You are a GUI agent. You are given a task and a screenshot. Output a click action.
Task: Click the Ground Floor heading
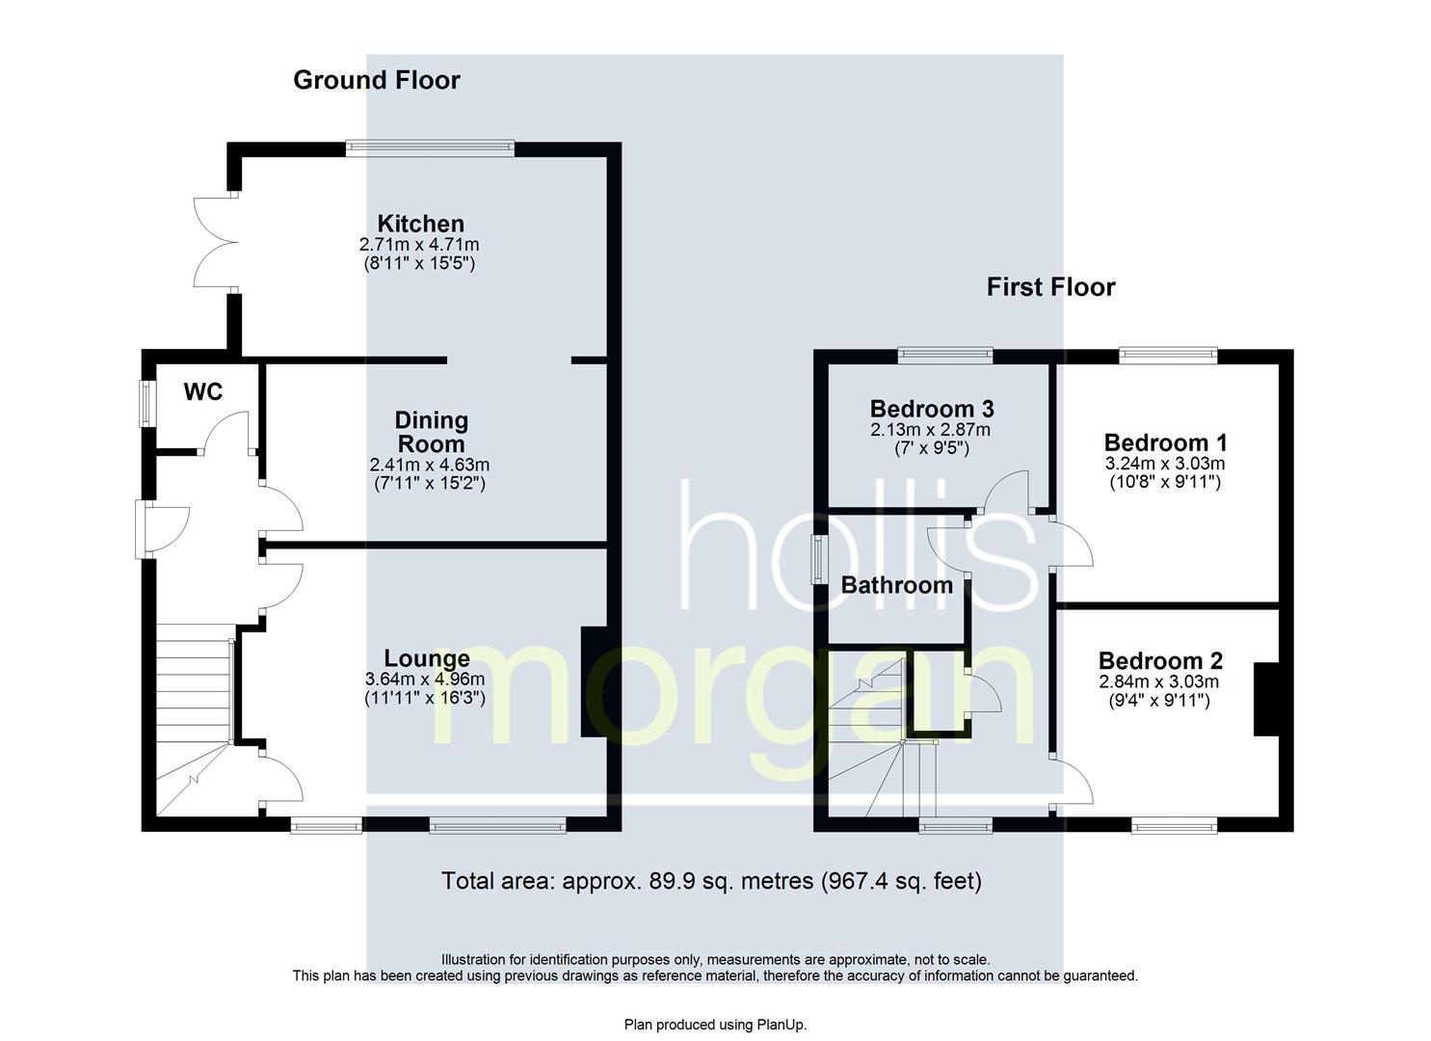tap(376, 81)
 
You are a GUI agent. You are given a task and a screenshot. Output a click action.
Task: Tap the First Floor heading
tap(1051, 287)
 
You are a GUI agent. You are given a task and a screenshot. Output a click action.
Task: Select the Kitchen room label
tap(421, 224)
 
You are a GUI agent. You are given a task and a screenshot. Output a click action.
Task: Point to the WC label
tap(203, 391)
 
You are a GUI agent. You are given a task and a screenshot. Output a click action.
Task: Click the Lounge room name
tap(427, 658)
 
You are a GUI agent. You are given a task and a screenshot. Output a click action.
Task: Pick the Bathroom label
tap(897, 585)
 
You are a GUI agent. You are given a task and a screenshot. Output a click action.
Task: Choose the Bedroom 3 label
tap(932, 409)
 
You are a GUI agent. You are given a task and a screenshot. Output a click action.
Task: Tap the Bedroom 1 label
tap(1165, 442)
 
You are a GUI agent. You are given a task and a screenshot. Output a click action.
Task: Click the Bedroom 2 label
tap(1161, 660)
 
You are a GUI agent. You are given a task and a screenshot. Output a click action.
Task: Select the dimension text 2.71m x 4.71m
tap(419, 245)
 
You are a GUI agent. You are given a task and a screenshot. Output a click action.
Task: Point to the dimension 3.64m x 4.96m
tap(425, 679)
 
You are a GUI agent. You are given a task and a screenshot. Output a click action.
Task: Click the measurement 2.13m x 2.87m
tap(930, 430)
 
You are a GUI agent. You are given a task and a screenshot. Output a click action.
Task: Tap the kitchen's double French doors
tap(216, 242)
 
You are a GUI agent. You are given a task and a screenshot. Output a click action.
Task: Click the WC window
tap(147, 404)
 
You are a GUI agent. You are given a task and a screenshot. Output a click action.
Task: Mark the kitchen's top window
tap(430, 148)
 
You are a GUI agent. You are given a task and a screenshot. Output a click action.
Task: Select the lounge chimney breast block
tap(594, 681)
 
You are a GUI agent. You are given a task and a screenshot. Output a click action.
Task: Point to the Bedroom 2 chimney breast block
tap(1267, 699)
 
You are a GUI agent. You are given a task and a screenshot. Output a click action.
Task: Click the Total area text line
tap(712, 881)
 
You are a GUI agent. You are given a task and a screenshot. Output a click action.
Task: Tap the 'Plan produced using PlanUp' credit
tap(715, 1025)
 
